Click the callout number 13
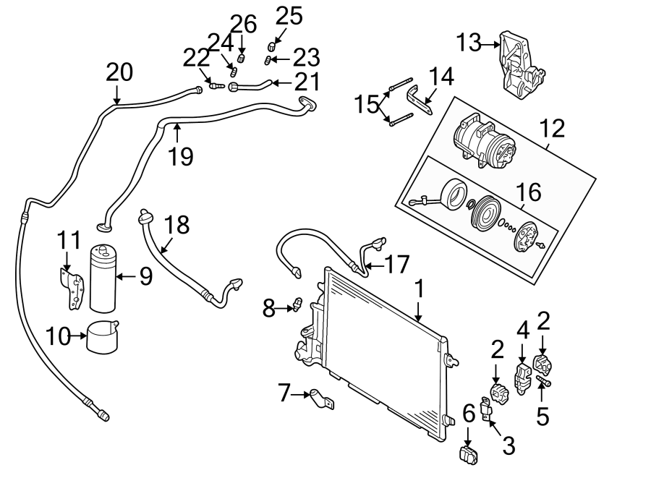pos(468,43)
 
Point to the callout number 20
pos(119,72)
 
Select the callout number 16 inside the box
pos(529,192)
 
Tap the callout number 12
pos(552,129)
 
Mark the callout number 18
pos(176,225)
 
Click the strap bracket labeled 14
pos(419,101)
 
